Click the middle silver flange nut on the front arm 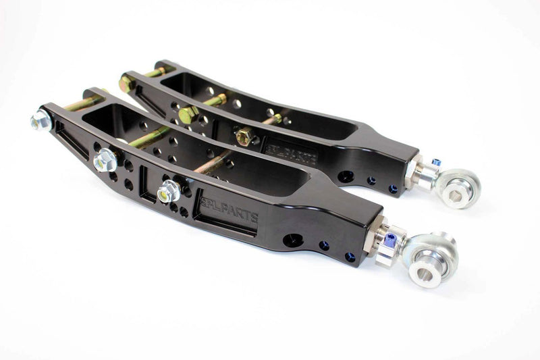pyautogui.click(x=105, y=159)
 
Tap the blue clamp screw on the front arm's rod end pyautogui.click(x=391, y=238)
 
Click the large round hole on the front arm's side pyautogui.click(x=293, y=240)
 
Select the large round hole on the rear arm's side pyautogui.click(x=345, y=176)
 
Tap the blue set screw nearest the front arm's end pyautogui.click(x=349, y=257)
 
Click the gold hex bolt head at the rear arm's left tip pyautogui.click(x=126, y=83)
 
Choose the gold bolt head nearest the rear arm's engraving pyautogui.click(x=242, y=136)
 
